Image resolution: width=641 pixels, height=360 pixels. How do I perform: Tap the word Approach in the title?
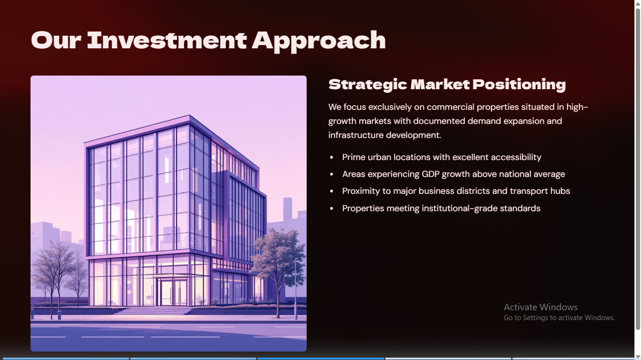click(319, 42)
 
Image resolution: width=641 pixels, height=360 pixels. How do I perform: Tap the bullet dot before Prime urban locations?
click(332, 157)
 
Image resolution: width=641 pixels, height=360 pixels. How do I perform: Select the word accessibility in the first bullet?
click(516, 157)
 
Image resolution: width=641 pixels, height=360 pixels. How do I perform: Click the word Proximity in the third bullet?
click(361, 191)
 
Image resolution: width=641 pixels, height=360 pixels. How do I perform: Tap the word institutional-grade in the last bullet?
click(460, 208)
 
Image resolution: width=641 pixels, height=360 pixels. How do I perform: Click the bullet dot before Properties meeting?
click(332, 208)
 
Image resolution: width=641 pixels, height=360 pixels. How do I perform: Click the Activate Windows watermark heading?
click(541, 307)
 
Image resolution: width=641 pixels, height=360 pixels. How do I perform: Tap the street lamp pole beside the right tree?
click(295, 289)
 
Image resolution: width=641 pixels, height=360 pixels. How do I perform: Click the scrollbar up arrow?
click(638, 4)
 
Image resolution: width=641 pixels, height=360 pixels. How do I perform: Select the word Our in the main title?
click(56, 40)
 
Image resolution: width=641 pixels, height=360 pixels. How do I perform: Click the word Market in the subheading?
click(440, 84)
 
